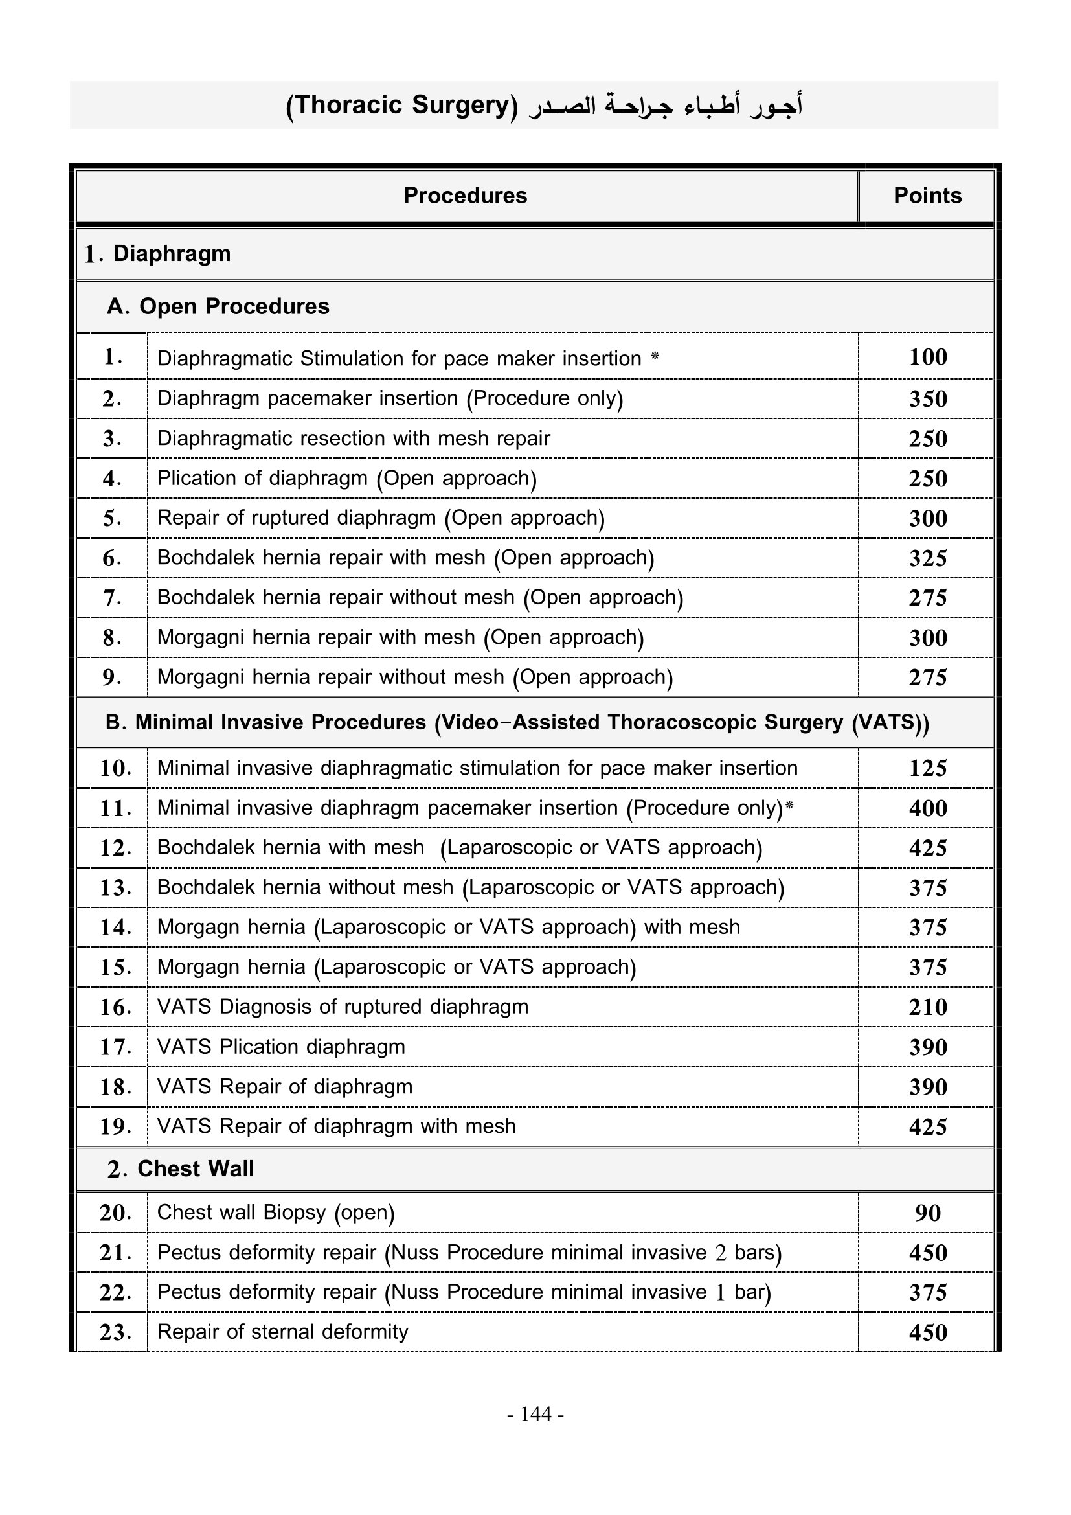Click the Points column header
tap(927, 196)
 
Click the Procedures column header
tap(465, 196)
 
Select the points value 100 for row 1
tap(927, 357)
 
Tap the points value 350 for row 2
tap(927, 398)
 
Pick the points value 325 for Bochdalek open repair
tap(927, 558)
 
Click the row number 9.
tap(111, 677)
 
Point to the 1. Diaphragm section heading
tap(158, 254)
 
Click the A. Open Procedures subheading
tap(218, 306)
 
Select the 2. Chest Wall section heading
tap(181, 1168)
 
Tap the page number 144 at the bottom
tap(535, 1414)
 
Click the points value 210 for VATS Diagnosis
tap(927, 1007)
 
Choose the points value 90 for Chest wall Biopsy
tap(927, 1213)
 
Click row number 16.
tap(115, 1007)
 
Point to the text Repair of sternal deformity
tap(282, 1332)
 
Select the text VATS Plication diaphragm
tap(281, 1047)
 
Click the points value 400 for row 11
tap(927, 808)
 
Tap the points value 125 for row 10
tap(927, 768)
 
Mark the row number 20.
tap(115, 1213)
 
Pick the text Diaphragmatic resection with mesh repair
tap(354, 438)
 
